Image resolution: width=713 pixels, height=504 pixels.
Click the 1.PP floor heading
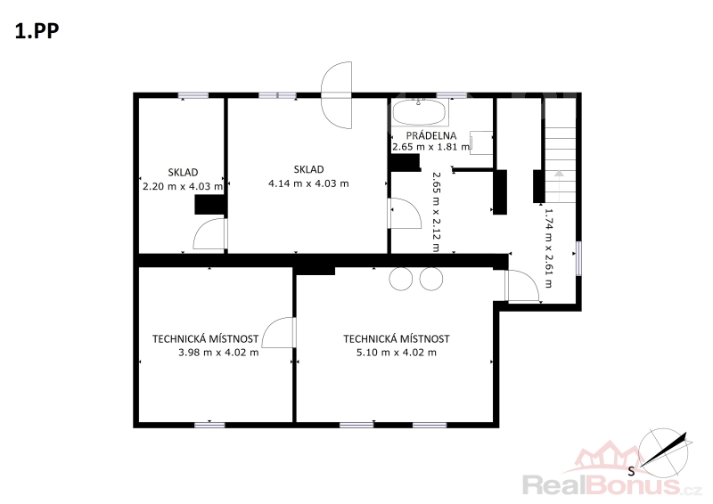(x=37, y=31)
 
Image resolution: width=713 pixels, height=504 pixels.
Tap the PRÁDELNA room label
(x=431, y=135)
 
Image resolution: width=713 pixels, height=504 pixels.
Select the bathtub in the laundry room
(x=419, y=112)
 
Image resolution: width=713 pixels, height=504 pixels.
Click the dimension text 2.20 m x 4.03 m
(x=183, y=186)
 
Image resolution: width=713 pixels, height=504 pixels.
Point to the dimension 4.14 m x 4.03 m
(x=308, y=183)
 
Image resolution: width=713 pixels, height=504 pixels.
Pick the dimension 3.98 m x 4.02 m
(x=218, y=353)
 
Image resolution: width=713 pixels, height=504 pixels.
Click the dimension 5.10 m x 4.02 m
(x=397, y=353)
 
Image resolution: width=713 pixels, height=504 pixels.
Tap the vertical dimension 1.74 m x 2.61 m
(x=548, y=248)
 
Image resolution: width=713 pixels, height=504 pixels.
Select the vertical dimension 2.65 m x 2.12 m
(x=436, y=212)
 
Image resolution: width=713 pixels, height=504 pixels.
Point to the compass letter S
(x=631, y=471)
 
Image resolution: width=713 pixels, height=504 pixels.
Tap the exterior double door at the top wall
(x=337, y=95)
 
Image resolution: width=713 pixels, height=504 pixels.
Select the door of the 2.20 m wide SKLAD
(x=210, y=233)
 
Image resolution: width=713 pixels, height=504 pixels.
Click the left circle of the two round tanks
(x=401, y=279)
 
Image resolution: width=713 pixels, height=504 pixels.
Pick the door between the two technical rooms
(x=279, y=333)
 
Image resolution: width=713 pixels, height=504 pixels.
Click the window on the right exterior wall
(x=578, y=258)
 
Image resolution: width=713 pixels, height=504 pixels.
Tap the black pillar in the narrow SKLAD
(x=210, y=205)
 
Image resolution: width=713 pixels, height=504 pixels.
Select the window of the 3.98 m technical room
(x=209, y=425)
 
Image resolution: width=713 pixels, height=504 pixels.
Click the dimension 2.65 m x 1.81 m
(x=431, y=147)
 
